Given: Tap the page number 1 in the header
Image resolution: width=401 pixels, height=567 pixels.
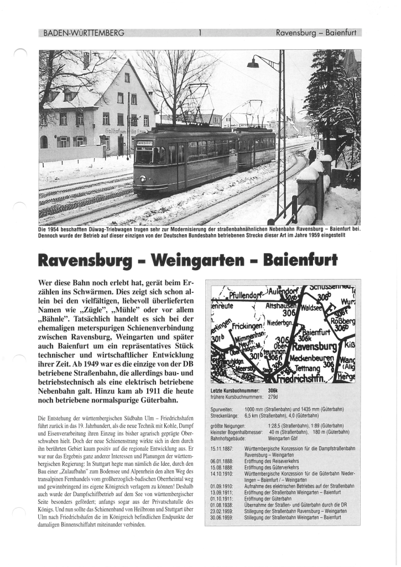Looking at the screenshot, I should pyautogui.click(x=200, y=33).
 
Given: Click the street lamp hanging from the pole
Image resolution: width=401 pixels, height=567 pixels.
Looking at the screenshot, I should pyautogui.click(x=253, y=64).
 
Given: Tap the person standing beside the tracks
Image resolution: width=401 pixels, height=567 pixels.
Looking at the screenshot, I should pyautogui.click(x=313, y=156).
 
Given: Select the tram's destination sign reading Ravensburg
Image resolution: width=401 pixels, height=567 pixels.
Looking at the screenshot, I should pyautogui.click(x=144, y=143).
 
